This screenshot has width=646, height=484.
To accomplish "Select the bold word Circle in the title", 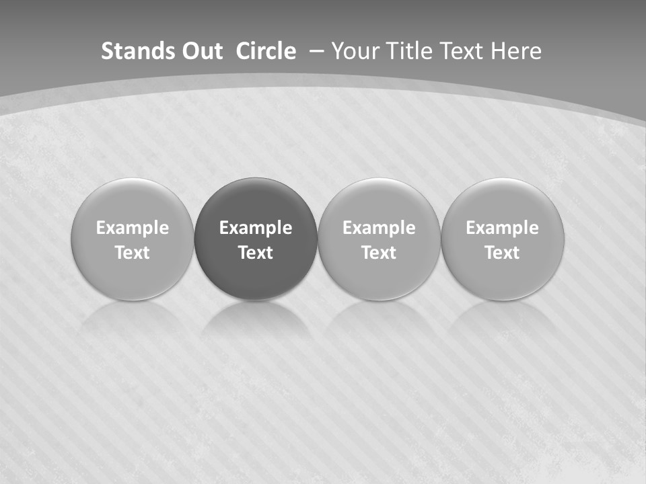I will coord(265,51).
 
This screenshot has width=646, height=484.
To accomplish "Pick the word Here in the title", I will coord(515,51).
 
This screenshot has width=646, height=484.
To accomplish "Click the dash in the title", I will coord(315,52).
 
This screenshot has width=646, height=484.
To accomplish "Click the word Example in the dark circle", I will coord(256,228).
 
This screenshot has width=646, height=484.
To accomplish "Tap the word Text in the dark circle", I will coord(256,253).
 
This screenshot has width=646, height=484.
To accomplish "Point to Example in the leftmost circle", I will coord(133,228).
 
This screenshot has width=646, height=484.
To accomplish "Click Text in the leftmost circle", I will coord(133,253).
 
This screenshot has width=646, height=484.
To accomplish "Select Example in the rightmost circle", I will coord(503,228).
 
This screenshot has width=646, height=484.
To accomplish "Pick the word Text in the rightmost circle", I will coord(503,253).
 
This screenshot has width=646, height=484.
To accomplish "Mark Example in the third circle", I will coord(379,228).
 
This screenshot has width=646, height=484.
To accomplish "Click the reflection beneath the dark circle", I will coord(256,319).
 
